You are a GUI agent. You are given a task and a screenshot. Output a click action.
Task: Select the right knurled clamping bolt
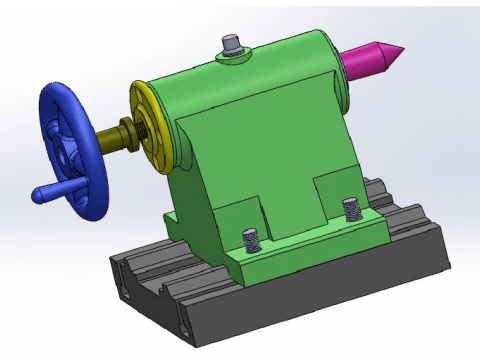tap(350, 210)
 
